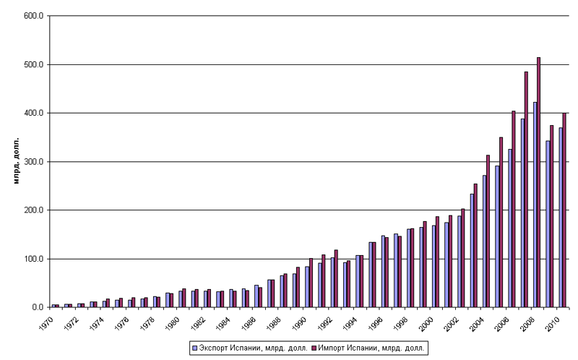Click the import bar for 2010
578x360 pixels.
click(564, 210)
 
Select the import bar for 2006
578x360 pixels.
click(513, 210)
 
